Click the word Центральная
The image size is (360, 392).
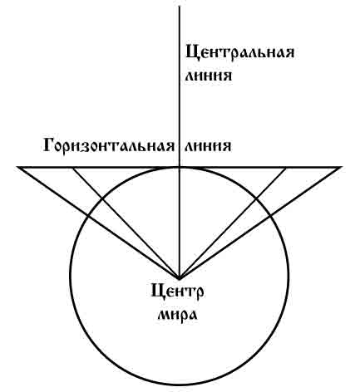239,52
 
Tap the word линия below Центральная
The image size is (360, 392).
208,76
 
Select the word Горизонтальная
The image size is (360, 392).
109,145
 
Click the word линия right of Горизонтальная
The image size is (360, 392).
208,146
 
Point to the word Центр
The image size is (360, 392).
177,293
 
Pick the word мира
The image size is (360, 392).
177,316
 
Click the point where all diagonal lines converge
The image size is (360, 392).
180,277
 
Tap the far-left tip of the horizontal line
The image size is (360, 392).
17,167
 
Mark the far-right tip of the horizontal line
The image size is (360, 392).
342,167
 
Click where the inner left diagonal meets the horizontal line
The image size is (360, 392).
74,167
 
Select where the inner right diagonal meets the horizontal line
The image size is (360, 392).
285,167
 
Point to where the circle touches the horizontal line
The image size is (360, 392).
180,167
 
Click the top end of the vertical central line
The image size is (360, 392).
180,6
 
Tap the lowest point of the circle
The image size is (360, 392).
180,385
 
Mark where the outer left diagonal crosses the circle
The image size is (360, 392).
88,215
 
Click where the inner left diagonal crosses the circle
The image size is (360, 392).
101,198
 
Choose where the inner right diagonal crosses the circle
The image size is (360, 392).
256,198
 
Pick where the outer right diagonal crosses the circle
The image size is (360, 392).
270,215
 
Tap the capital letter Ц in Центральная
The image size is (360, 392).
192,52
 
